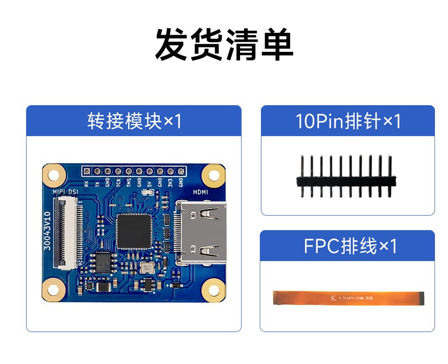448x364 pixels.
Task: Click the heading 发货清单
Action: (x=224, y=45)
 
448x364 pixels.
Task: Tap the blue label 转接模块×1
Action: (x=134, y=121)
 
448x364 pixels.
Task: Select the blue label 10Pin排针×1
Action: (x=348, y=121)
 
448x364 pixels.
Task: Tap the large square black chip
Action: (x=134, y=231)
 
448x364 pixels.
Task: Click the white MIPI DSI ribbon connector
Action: (x=67, y=232)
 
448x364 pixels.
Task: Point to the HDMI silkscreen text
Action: (x=200, y=192)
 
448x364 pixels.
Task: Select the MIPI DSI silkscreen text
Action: (x=65, y=192)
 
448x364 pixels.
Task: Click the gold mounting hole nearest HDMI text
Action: (x=212, y=175)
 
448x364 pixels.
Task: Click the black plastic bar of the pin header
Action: (x=346, y=181)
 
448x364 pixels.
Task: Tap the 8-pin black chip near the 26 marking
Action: (x=103, y=261)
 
